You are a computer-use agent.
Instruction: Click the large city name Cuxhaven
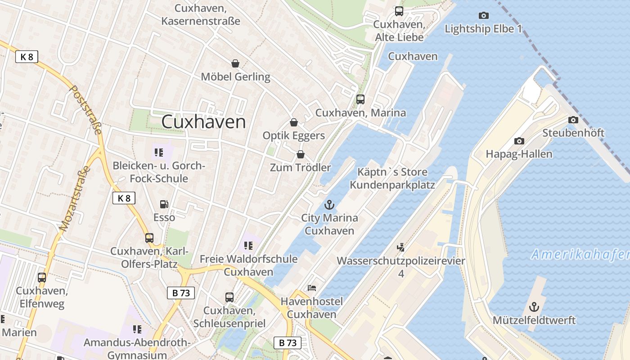pyautogui.click(x=203, y=122)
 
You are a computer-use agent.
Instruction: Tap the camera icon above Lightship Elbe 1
pyautogui.click(x=484, y=16)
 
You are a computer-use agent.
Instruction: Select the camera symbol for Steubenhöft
pyautogui.click(x=573, y=120)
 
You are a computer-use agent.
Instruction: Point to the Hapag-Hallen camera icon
pyautogui.click(x=519, y=141)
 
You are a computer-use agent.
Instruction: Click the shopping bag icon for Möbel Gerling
pyautogui.click(x=235, y=63)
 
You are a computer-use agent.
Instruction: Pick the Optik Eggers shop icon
pyautogui.click(x=294, y=122)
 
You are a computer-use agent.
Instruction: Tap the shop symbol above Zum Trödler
pyautogui.click(x=301, y=154)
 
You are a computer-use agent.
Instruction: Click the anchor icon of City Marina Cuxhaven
pyautogui.click(x=330, y=205)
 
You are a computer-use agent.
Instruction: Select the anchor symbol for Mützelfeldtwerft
pyautogui.click(x=534, y=307)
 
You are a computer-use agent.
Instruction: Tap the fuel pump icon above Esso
pyautogui.click(x=164, y=204)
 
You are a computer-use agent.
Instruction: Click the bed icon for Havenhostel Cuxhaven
pyautogui.click(x=311, y=288)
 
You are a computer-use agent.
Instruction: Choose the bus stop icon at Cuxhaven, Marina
pyautogui.click(x=360, y=99)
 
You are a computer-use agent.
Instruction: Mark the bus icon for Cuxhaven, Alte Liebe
pyautogui.click(x=399, y=11)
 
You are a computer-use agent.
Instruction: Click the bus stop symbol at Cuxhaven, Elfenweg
pyautogui.click(x=42, y=278)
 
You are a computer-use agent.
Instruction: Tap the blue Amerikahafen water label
pyautogui.click(x=580, y=254)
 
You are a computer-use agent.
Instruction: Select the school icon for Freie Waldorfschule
pyautogui.click(x=248, y=246)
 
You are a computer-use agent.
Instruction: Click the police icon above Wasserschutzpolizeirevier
pyautogui.click(x=400, y=247)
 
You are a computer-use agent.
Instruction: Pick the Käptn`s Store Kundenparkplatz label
pyautogui.click(x=392, y=178)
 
